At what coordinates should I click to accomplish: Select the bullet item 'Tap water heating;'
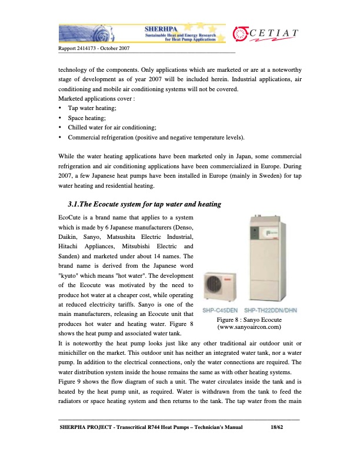[92, 108]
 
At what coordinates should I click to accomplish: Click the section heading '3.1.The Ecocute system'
[145, 204]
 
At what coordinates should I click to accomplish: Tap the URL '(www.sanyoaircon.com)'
[249, 326]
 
